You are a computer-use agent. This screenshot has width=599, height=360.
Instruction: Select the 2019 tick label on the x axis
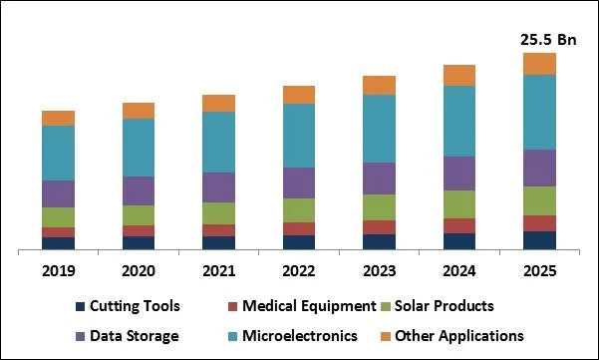[x=58, y=270]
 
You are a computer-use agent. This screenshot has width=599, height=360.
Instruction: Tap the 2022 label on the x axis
[x=299, y=270]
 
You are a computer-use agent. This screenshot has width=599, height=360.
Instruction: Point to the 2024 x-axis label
[x=459, y=270]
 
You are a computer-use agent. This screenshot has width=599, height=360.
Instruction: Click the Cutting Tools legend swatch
[x=79, y=307]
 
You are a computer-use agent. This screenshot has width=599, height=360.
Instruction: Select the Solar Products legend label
[x=445, y=306]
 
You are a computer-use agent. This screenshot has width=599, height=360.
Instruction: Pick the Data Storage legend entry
[x=135, y=336]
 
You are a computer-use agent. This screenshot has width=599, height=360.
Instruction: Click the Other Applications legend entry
[x=458, y=336]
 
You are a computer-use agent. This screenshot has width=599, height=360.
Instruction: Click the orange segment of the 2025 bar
[x=539, y=64]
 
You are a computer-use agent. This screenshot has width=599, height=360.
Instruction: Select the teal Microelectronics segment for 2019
[x=58, y=153]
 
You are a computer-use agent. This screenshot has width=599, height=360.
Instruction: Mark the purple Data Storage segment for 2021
[x=218, y=187]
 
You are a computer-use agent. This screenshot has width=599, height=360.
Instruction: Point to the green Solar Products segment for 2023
[x=379, y=206]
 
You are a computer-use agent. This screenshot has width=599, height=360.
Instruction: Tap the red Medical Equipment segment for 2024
[x=459, y=225]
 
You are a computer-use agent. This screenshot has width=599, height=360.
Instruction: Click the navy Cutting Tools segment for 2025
[x=539, y=240]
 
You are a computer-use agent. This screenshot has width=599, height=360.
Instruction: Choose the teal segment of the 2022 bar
[x=299, y=136]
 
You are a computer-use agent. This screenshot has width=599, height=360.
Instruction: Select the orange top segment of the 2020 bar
[x=139, y=111]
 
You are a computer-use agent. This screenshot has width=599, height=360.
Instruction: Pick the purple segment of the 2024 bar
[x=459, y=173]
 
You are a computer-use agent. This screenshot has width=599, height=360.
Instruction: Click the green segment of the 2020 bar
[x=139, y=215]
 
